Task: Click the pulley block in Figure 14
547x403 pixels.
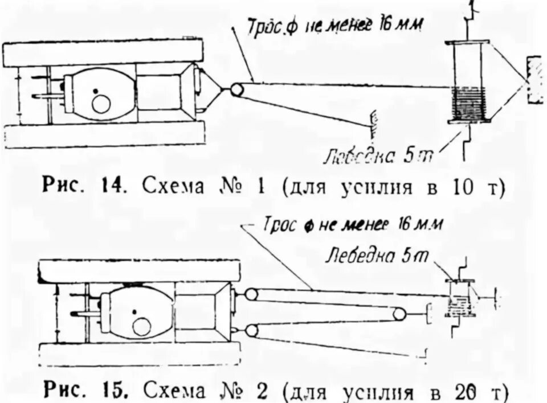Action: tap(236, 89)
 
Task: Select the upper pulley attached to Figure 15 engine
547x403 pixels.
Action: tap(250, 294)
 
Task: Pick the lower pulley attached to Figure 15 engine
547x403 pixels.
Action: tap(250, 331)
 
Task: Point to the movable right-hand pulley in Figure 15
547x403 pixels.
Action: tap(399, 313)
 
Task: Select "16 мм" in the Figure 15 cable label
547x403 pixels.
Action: tap(418, 224)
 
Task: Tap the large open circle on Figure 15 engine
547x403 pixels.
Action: tap(141, 326)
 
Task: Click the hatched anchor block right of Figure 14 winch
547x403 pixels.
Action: tap(535, 80)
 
